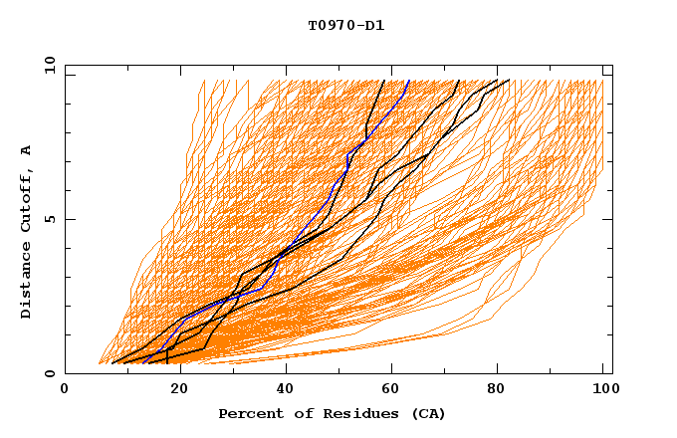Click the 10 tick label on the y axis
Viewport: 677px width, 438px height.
48,64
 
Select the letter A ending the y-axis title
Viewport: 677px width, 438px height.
26,149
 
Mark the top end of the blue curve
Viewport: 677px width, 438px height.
409,80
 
